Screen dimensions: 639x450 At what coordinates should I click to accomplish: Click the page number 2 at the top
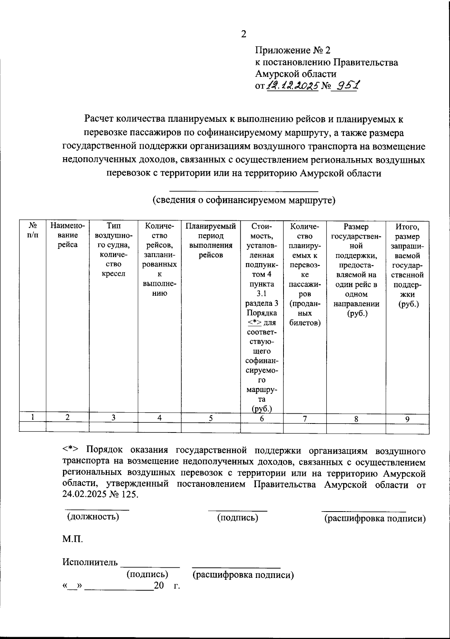click(243, 34)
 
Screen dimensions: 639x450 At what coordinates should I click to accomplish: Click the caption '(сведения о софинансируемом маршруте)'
click(244, 200)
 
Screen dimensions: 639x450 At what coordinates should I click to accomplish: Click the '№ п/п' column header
click(33, 230)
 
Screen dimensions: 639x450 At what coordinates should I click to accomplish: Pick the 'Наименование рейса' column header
click(67, 235)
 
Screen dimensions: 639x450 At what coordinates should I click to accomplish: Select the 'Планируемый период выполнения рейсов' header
click(211, 241)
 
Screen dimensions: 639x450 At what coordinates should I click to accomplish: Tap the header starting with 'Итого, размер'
click(407, 265)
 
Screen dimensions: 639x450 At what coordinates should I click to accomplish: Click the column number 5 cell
click(211, 418)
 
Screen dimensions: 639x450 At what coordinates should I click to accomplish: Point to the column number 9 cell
click(407, 419)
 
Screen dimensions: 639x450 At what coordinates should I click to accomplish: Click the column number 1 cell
click(33, 417)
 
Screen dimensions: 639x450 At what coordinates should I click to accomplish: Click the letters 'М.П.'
click(72, 539)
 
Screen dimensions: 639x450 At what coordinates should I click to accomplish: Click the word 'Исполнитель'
click(90, 562)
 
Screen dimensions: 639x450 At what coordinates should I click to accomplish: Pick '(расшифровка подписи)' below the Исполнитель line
click(243, 575)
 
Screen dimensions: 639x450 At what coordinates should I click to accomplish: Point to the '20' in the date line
click(159, 585)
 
